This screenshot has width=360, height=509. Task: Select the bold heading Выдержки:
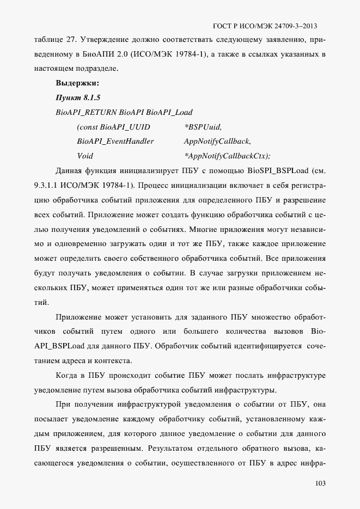click(x=77, y=84)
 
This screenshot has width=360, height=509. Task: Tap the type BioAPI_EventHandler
click(x=115, y=141)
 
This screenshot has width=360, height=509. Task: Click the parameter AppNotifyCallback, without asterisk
click(x=217, y=141)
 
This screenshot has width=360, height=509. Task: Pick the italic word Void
click(x=86, y=155)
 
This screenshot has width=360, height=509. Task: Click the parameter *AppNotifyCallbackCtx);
click(x=227, y=155)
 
